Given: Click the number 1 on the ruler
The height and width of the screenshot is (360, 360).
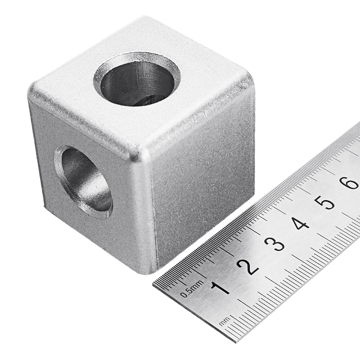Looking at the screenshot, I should point(220,288).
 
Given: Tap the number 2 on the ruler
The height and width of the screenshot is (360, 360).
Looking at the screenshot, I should point(247,266).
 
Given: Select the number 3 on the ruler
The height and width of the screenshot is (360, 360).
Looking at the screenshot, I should point(274,243).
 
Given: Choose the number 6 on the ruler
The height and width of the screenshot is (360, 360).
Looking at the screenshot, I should point(349,182).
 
